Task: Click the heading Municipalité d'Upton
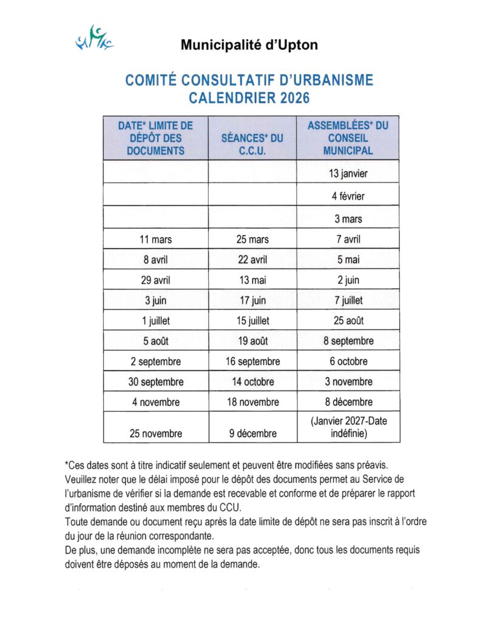click(x=249, y=45)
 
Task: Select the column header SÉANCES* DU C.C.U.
click(x=252, y=138)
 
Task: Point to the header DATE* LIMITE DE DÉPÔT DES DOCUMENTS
click(x=155, y=138)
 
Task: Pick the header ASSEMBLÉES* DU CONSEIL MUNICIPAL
click(x=348, y=138)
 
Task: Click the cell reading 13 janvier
click(x=348, y=173)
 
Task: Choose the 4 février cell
click(x=348, y=196)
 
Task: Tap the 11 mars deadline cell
click(x=155, y=240)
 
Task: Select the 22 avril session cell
click(x=252, y=260)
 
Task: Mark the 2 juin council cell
click(x=348, y=280)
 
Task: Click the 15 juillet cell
click(x=252, y=321)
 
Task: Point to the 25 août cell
click(x=348, y=321)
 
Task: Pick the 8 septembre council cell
click(x=348, y=341)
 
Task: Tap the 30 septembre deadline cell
click(x=155, y=382)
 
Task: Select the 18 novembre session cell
click(x=252, y=402)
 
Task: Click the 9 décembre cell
click(x=252, y=434)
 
